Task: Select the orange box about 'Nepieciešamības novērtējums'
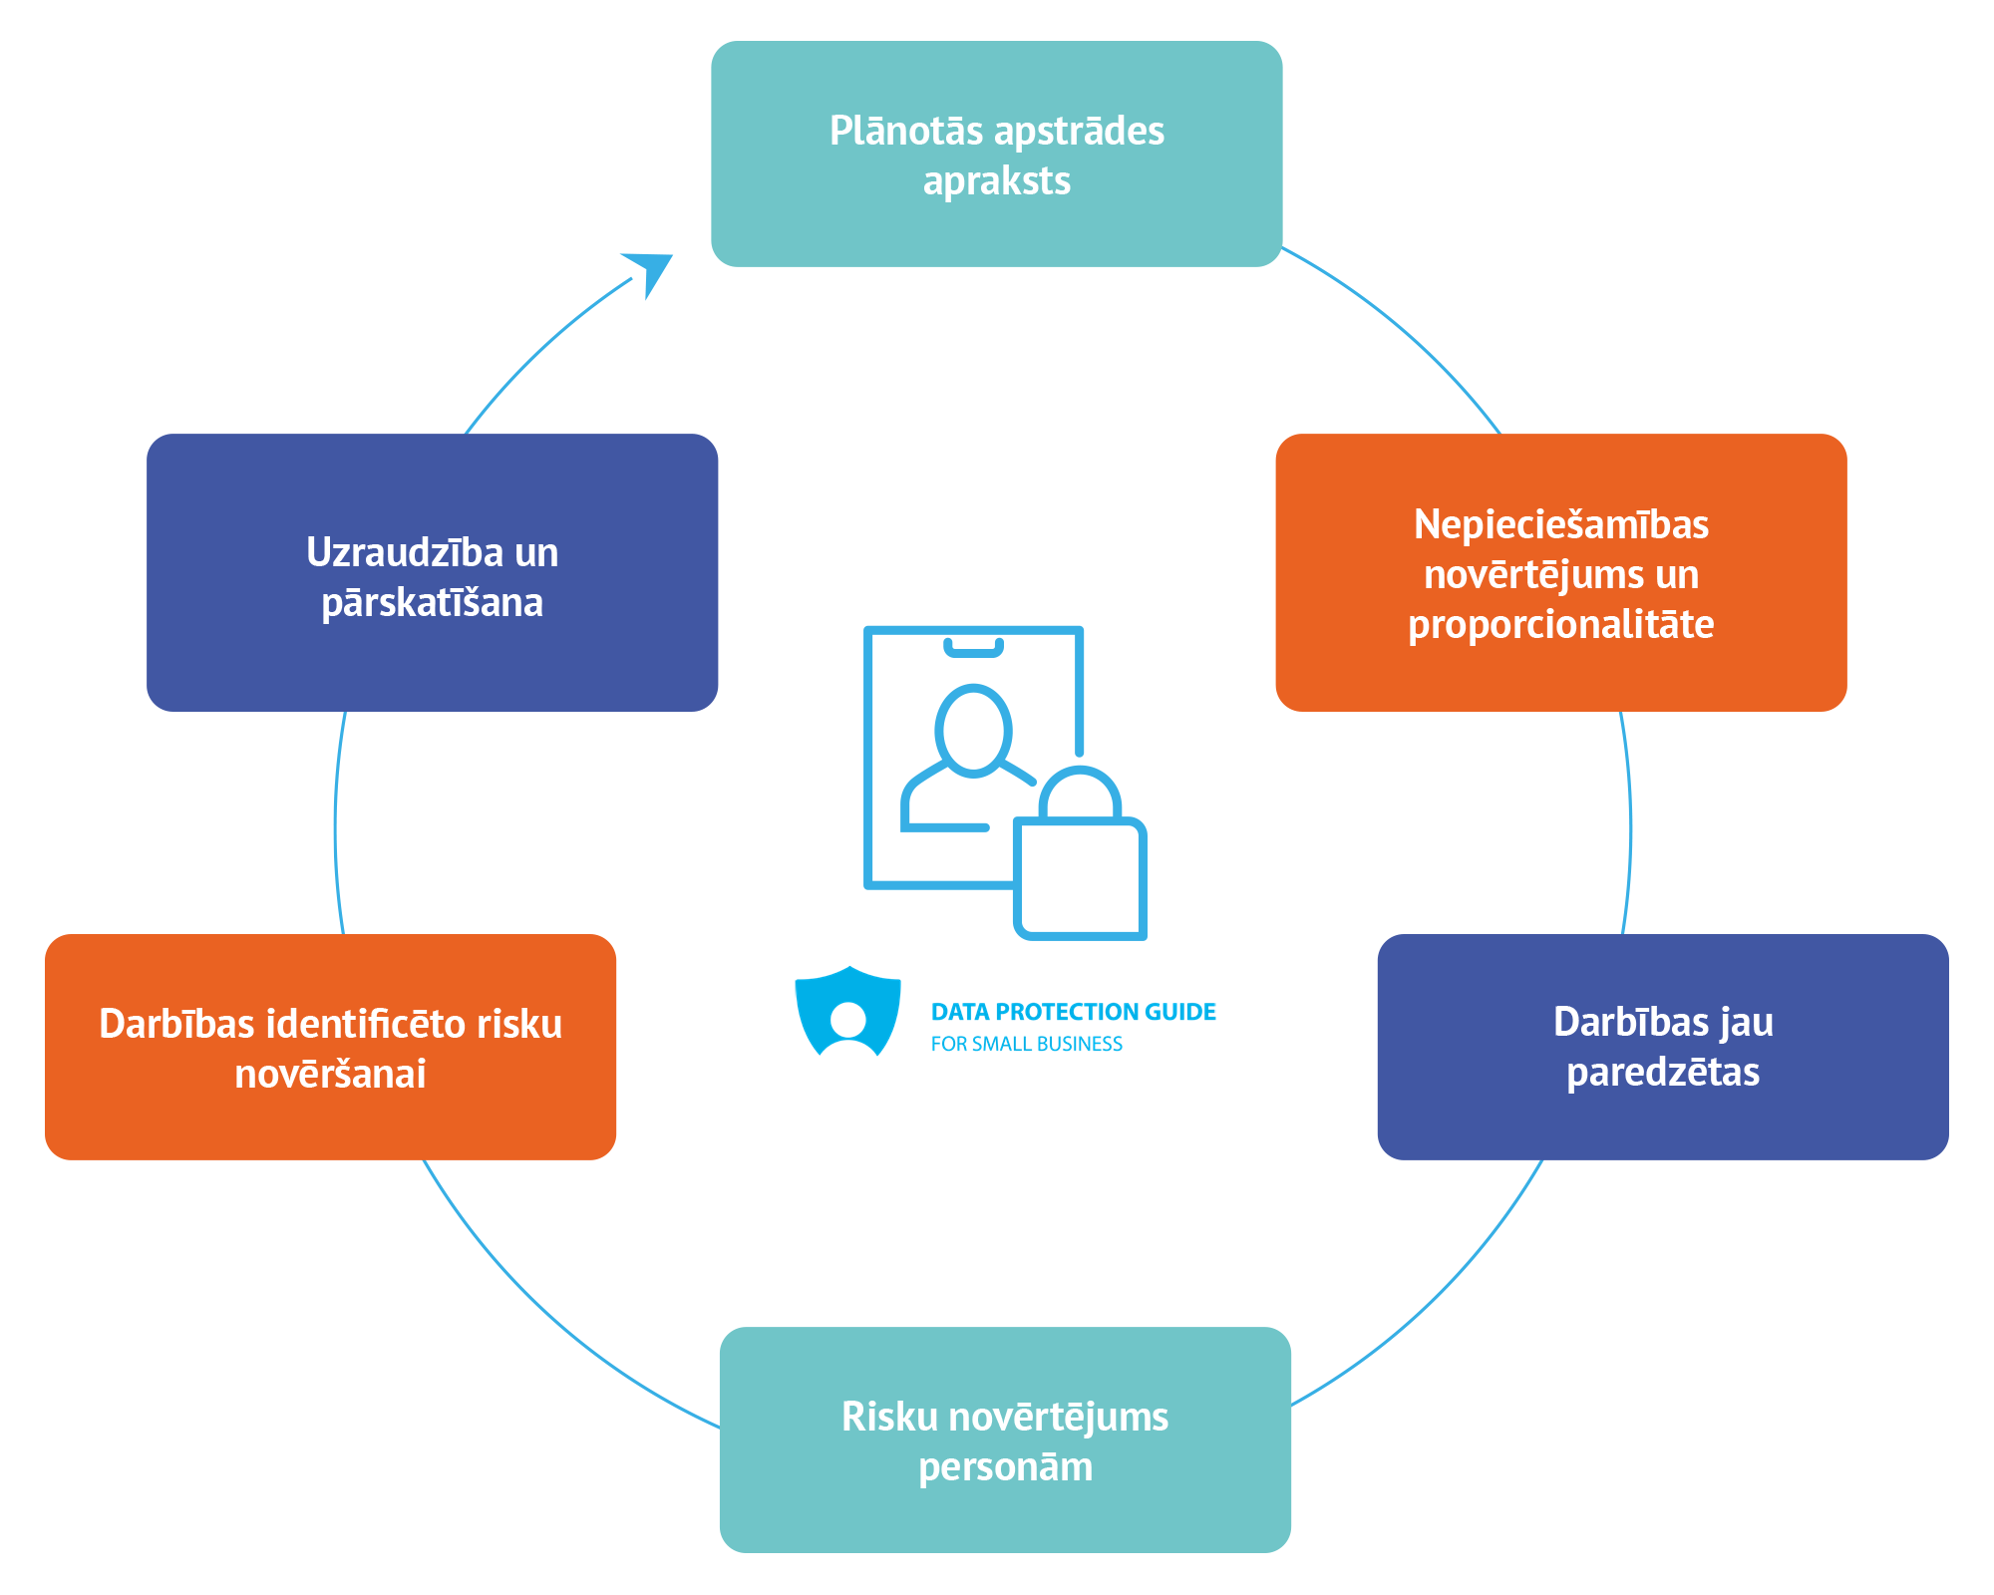click(x=1561, y=572)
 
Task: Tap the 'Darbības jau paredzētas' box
click(x=1662, y=1047)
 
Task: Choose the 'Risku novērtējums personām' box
click(x=1005, y=1439)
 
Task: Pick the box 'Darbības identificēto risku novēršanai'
click(x=330, y=1047)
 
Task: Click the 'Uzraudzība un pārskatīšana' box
click(x=432, y=572)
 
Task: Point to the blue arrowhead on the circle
click(x=650, y=269)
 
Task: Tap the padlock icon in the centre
click(x=1081, y=862)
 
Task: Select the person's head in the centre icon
click(x=973, y=729)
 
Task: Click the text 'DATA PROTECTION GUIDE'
click(x=1073, y=1012)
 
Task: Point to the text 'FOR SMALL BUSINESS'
click(x=1026, y=1044)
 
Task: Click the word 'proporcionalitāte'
click(x=1560, y=625)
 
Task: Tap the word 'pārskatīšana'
click(x=432, y=603)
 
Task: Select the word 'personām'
click(x=1005, y=1467)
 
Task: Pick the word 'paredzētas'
click(x=1662, y=1073)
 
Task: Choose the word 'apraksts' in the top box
click(x=996, y=181)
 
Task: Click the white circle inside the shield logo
click(x=847, y=1019)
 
